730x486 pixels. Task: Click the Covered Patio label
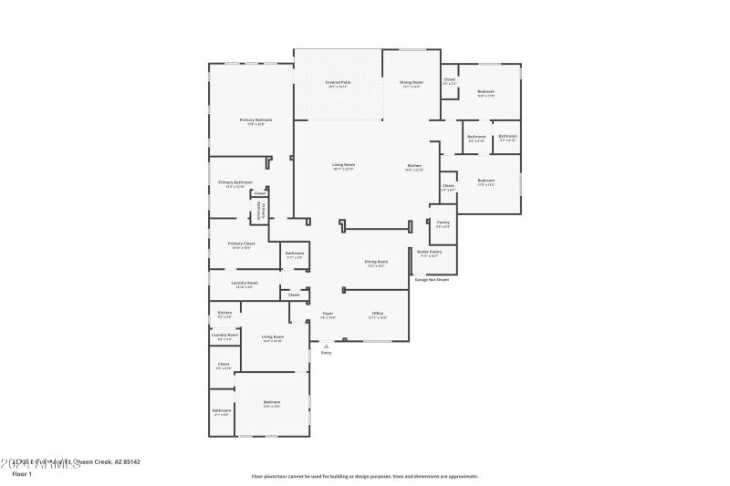[337, 83]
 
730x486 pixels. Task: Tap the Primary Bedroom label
[255, 120]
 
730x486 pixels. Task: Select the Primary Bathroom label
[235, 183]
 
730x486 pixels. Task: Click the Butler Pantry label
[429, 252]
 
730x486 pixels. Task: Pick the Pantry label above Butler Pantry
[443, 222]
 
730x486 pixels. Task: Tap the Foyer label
[328, 314]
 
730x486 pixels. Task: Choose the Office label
[377, 314]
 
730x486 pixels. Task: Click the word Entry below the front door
[326, 353]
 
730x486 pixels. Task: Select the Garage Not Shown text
[432, 280]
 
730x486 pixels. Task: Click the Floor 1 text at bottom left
[22, 474]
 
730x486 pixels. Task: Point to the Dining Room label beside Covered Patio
[411, 83]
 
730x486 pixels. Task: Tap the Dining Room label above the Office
[377, 263]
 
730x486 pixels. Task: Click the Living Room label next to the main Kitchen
[343, 166]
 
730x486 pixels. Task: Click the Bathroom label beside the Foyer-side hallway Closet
[294, 253]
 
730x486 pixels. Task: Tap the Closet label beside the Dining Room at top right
[449, 80]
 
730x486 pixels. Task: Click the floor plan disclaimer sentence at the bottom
[364, 476]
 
